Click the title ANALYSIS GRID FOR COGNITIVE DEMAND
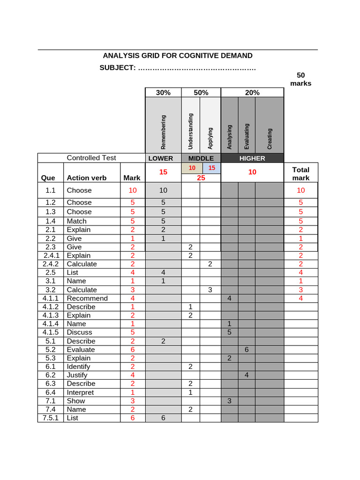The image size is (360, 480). click(x=178, y=56)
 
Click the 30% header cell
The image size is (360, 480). click(x=163, y=93)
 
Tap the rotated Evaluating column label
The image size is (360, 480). click(x=247, y=136)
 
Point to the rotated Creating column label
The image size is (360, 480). click(x=270, y=139)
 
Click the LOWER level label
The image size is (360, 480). click(x=160, y=158)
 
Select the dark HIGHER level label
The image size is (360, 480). click(x=252, y=158)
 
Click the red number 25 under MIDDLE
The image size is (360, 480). click(x=201, y=178)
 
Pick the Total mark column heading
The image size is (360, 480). click(x=300, y=173)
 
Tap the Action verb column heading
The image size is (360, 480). click(x=87, y=178)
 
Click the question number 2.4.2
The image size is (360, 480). click(x=50, y=264)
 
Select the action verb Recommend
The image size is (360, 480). click(x=87, y=298)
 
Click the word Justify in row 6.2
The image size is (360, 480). click(x=77, y=375)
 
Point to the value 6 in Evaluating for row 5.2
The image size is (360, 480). click(x=247, y=350)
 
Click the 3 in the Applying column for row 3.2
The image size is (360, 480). click(x=210, y=290)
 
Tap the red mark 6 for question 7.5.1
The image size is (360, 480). click(x=133, y=418)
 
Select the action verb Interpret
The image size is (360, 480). click(x=80, y=392)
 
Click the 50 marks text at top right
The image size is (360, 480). click(x=300, y=79)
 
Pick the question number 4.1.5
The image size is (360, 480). click(x=50, y=332)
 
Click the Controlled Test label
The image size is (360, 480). click(x=91, y=158)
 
